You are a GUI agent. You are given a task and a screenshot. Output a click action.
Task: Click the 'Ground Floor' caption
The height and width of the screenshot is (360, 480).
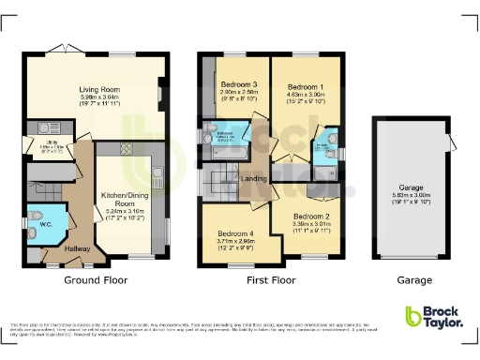coord(96,280)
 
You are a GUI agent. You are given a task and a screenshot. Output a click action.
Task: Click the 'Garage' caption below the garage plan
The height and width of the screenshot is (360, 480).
coord(413,280)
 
